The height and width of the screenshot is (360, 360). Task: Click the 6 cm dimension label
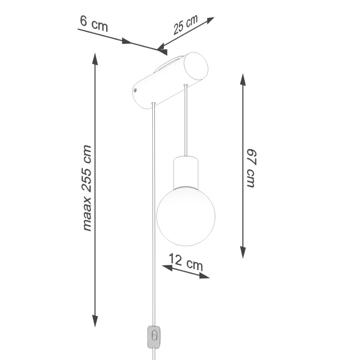tap(94, 23)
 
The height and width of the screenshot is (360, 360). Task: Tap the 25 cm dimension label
tap(185, 25)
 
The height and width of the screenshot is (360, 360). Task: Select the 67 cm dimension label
tap(252, 167)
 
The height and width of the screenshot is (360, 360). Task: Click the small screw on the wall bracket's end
tap(136, 90)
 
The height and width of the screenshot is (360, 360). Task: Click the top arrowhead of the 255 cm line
tap(95, 57)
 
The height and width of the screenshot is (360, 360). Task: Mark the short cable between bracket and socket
tap(186, 120)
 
